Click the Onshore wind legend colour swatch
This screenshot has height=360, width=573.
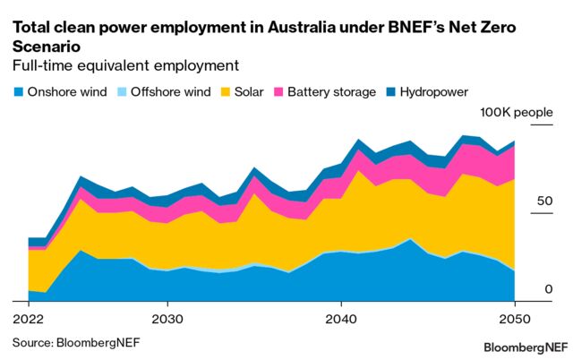[17, 91]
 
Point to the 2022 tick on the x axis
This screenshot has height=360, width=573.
[29, 319]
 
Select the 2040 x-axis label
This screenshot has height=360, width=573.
[340, 319]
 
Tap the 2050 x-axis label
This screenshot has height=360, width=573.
[513, 319]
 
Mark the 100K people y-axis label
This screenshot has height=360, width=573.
[517, 112]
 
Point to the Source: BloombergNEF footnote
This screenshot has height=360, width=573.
[76, 341]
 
